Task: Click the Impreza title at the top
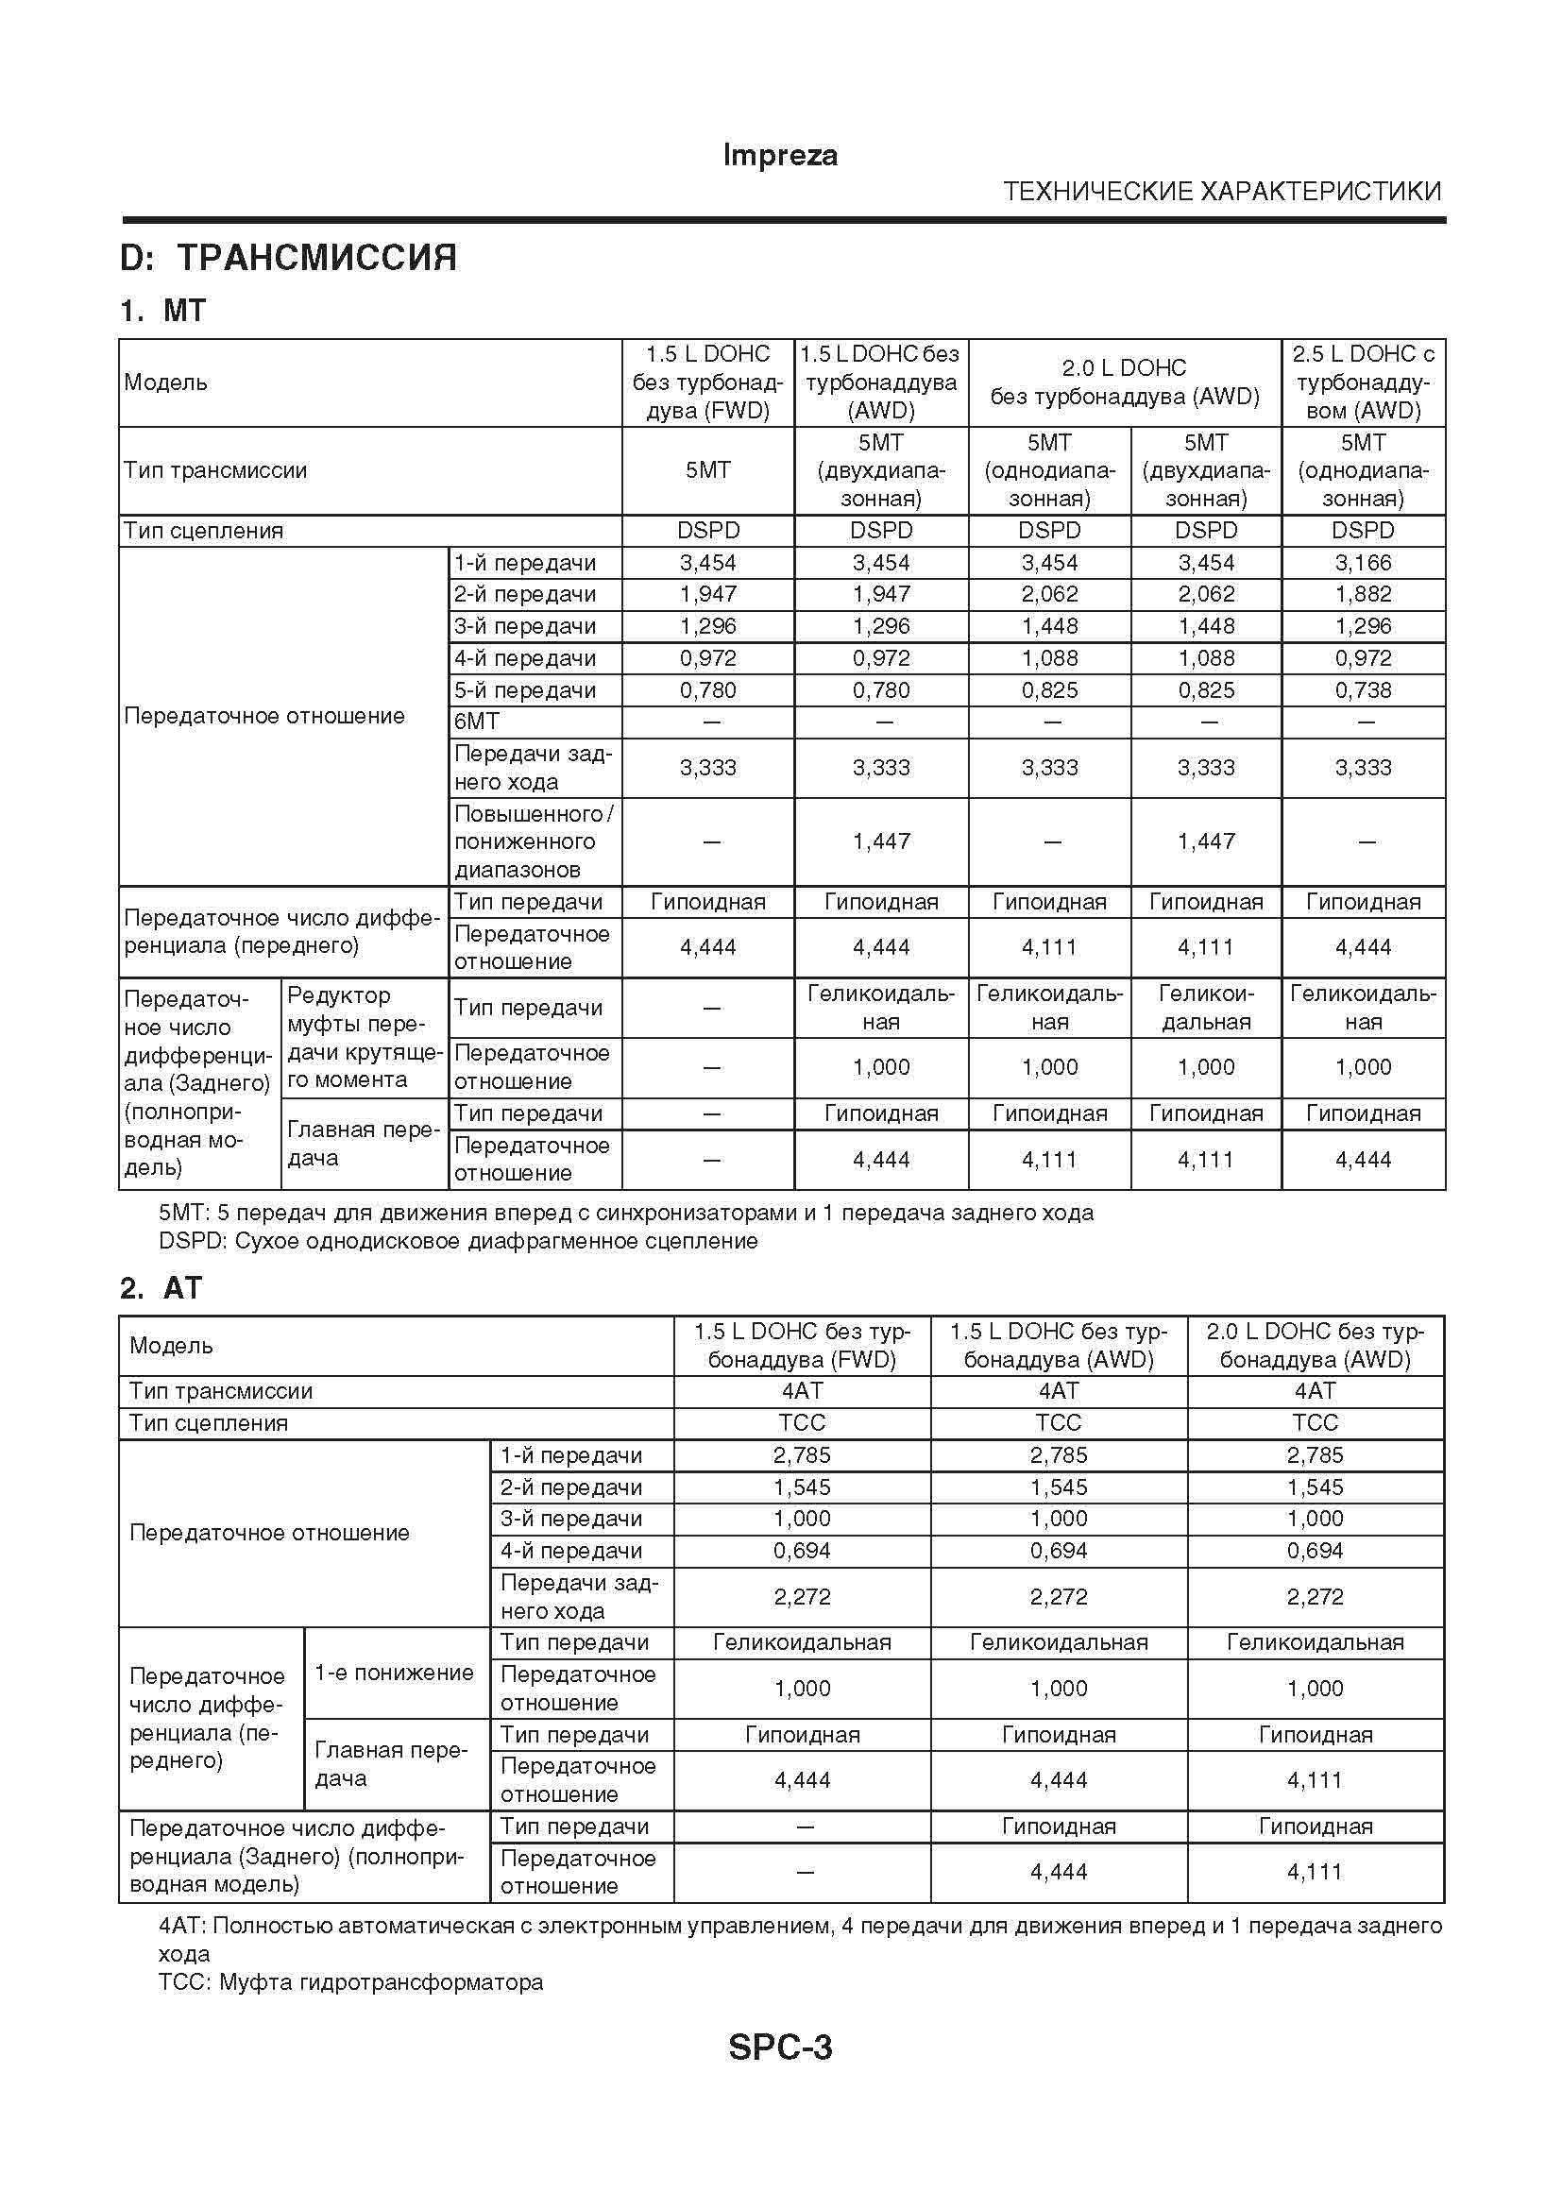(x=779, y=156)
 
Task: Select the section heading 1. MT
(x=162, y=311)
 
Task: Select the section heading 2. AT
(x=161, y=1287)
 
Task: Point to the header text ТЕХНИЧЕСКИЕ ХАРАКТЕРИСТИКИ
(x=1221, y=192)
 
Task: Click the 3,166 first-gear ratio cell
(x=1363, y=563)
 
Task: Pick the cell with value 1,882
(x=1363, y=595)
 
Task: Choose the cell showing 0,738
(x=1363, y=689)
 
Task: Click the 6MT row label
(x=477, y=722)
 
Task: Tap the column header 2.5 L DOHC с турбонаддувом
(x=1363, y=382)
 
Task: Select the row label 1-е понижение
(x=395, y=1673)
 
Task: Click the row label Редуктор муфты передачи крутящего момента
(x=364, y=1037)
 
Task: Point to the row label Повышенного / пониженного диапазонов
(x=533, y=841)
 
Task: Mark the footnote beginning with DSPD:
(x=458, y=1241)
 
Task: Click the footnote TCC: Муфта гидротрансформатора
(x=351, y=1982)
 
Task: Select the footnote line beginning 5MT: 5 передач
(x=625, y=1213)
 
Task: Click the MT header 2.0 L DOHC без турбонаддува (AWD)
(x=1125, y=382)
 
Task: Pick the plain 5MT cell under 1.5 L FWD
(x=708, y=470)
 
